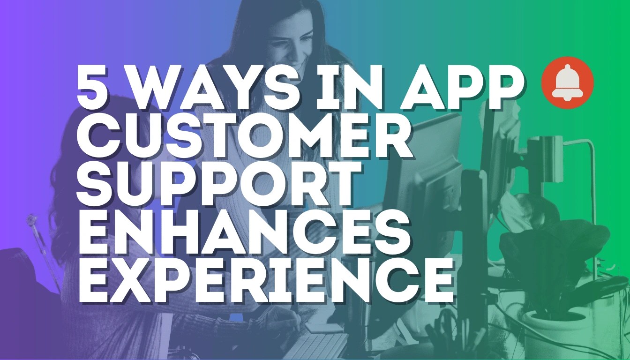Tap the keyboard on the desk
coord(309,347)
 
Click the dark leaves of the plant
coord(553,253)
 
